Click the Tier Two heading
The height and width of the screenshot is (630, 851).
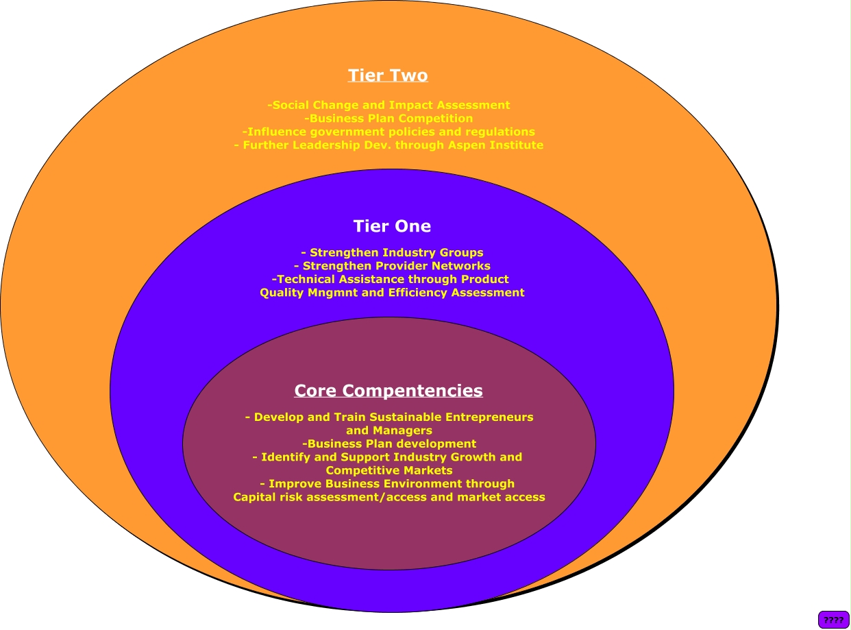point(388,75)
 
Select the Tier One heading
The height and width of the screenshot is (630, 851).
point(392,226)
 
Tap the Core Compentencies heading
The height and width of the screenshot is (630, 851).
point(388,391)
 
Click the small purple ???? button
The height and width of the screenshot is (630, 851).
point(833,620)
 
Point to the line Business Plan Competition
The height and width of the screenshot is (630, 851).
point(388,119)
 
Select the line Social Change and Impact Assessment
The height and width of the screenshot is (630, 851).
point(388,106)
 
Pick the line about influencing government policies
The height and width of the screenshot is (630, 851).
point(388,132)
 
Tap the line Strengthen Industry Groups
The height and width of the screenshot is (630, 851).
point(392,253)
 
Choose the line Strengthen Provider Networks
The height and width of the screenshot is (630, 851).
point(392,266)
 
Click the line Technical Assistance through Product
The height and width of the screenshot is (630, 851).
point(391,280)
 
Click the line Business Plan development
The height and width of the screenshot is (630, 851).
point(389,444)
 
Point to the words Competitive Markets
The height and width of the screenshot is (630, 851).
point(389,471)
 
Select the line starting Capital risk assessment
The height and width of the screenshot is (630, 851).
point(389,498)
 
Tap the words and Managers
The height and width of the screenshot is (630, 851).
point(389,431)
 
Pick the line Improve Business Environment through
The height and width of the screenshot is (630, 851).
point(391,484)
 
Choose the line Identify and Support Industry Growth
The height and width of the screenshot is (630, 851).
point(387,457)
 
